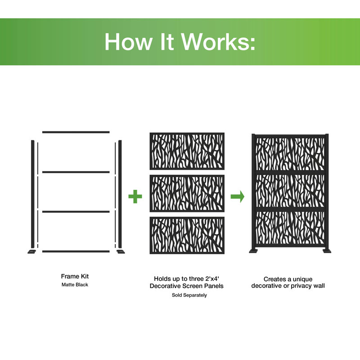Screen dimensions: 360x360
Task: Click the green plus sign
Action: click(135, 197)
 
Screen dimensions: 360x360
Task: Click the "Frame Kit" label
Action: click(75, 276)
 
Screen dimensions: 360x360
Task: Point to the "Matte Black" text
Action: click(75, 285)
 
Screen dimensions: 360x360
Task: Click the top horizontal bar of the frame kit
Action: click(76, 132)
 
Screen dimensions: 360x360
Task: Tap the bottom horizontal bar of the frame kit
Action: click(76, 251)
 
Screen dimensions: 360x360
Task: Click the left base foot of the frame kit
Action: click(32, 251)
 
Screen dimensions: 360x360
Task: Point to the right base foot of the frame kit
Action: click(120, 251)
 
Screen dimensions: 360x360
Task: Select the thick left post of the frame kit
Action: click(32, 193)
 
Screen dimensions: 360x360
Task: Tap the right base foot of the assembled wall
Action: click(327, 251)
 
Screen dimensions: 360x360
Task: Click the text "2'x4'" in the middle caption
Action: click(207, 279)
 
